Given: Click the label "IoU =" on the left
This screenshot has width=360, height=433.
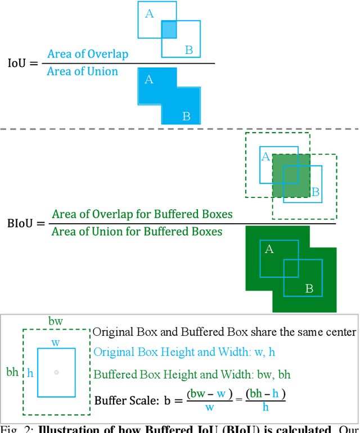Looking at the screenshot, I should coord(22,63).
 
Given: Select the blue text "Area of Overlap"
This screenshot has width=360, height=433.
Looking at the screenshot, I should coord(88,55).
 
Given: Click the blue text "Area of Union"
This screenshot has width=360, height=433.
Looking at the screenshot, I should coord(83,71).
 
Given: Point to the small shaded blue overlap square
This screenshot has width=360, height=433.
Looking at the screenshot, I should coord(169,29).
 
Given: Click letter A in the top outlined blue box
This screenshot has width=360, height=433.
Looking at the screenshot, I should coord(149,14).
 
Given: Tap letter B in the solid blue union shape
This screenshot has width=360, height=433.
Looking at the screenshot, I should coord(186,117).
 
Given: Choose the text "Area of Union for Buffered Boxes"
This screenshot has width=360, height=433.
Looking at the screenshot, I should coord(137,232).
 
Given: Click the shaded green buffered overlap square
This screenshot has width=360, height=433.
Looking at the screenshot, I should coord(290,176).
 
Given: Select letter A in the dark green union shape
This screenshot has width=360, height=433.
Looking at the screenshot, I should coord(269,249).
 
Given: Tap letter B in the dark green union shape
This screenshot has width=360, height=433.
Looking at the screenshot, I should coord(309,288).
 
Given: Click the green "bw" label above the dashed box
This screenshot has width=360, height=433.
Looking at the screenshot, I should coord(56,321).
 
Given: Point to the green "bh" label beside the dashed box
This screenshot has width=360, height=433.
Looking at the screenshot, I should coord(12,372).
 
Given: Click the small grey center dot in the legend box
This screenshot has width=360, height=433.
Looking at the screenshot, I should coord(56,372).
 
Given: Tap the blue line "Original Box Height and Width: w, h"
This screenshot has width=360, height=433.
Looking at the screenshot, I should coord(184,353).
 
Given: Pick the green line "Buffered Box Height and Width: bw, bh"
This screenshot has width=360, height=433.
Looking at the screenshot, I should coord(192,374).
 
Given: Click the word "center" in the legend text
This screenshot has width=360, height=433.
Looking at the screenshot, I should coord(341,332).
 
